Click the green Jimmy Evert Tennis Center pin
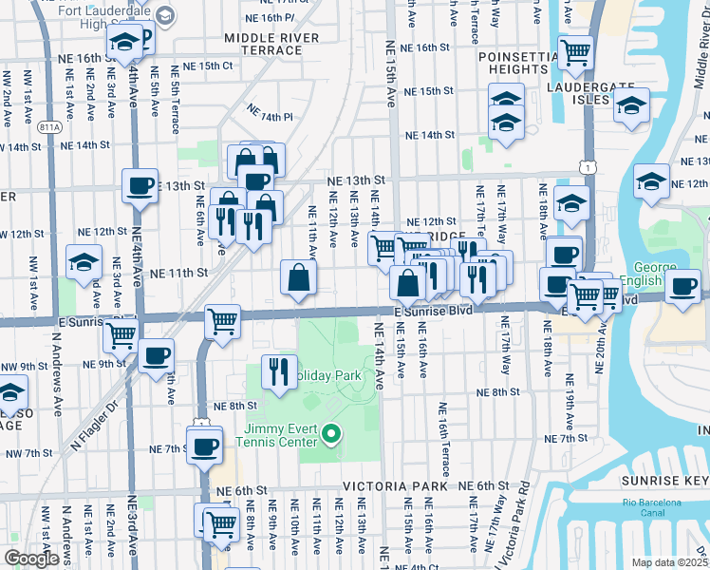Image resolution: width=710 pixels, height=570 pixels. tap(331, 435)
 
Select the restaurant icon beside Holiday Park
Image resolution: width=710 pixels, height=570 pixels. tap(279, 370)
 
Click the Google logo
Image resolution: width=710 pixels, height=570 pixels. tap(31, 559)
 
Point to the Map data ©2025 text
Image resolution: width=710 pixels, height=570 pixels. tap(667, 562)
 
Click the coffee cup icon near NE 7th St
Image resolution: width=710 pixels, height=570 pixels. tap(203, 445)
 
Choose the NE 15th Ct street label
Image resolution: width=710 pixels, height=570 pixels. tap(208, 66)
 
